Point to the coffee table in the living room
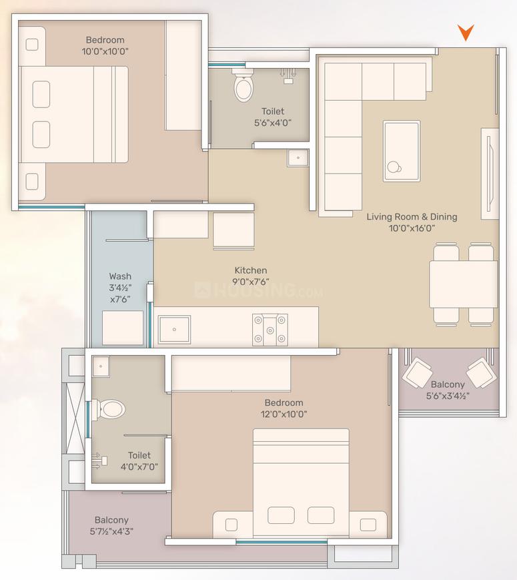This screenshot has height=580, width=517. pos(402,151)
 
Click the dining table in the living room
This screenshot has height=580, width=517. pos(463,284)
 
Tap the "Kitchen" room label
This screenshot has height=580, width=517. pos(251,270)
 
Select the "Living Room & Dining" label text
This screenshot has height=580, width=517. pos(412,217)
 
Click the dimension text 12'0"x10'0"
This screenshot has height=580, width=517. pos(284,414)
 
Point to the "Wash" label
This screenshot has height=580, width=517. pos(120,276)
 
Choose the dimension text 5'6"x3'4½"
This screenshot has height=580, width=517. pos(448,396)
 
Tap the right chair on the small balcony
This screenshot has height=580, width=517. pos(481,372)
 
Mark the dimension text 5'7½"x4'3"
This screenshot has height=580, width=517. pos(111,532)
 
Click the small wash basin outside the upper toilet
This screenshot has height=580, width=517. pos(298,158)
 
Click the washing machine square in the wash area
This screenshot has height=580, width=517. pos(123,328)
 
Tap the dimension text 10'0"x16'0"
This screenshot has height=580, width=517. pos(412,228)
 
